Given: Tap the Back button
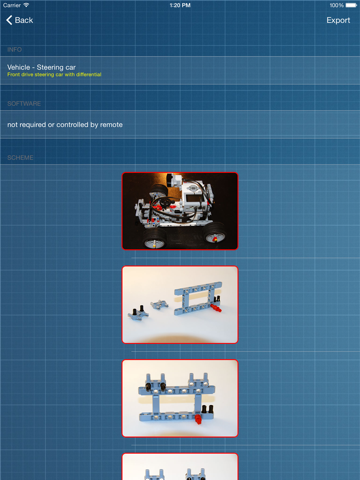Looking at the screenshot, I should [20, 20].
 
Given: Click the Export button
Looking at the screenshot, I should [338, 20].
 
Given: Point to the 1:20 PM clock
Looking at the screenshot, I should [180, 5].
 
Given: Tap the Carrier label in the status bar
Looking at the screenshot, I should [14, 5].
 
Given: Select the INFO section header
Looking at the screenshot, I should [15, 49].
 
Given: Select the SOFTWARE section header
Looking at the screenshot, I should [24, 103].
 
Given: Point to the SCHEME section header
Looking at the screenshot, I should [20, 157].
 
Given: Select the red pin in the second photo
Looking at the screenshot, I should [215, 309].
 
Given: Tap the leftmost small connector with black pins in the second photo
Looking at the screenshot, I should [135, 311].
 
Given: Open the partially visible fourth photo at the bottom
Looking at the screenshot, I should [180, 467].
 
